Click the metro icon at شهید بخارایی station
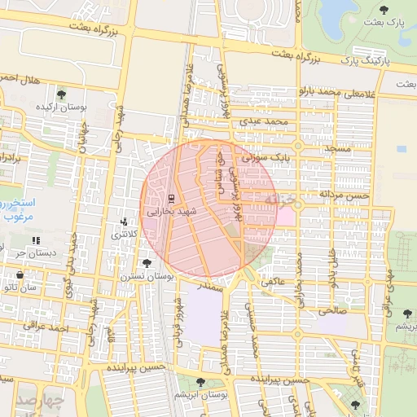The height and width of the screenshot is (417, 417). point(171,198)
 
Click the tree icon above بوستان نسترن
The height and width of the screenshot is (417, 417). point(147,263)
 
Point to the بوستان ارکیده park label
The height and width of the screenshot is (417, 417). point(61,108)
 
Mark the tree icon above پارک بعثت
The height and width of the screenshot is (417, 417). point(384,9)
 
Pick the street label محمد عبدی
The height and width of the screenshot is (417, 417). point(265,121)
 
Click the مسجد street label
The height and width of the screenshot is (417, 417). point(337,150)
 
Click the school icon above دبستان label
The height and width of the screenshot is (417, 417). point(35,240)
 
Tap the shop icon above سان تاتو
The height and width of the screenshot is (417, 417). point(20,275)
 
